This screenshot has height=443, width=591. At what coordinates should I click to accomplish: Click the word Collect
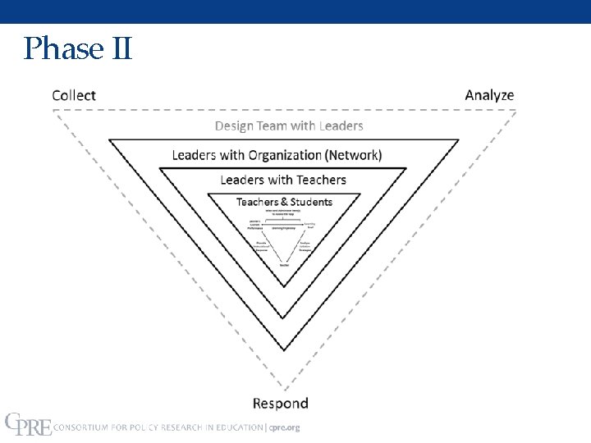[x=74, y=95]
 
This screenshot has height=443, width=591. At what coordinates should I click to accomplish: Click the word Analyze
[x=489, y=95]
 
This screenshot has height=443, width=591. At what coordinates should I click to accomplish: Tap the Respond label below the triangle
[x=281, y=403]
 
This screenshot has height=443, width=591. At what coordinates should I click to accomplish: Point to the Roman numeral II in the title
[x=119, y=48]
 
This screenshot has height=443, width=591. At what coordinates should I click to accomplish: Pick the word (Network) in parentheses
[x=353, y=154]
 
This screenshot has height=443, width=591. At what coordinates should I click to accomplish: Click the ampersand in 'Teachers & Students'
[x=283, y=202]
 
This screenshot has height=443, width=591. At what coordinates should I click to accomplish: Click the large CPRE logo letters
[x=28, y=424]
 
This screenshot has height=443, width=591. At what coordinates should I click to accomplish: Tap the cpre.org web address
[x=285, y=427]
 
